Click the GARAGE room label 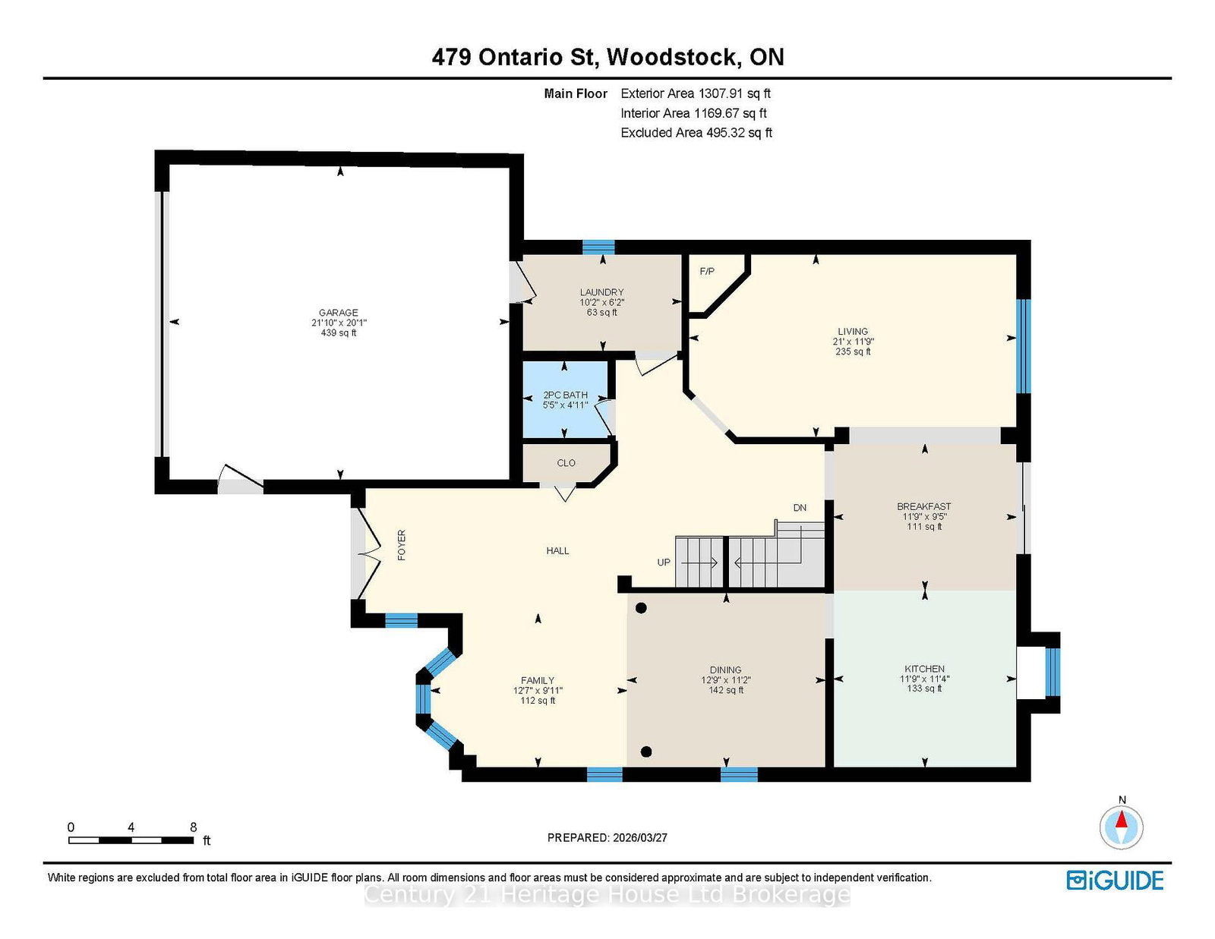tap(338, 313)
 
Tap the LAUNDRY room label tap(601, 291)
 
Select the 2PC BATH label tap(565, 395)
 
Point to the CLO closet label tap(566, 463)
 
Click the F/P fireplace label tap(707, 271)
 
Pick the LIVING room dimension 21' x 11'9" tap(854, 341)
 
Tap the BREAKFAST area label tap(924, 506)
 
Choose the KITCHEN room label tap(925, 669)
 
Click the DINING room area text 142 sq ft tap(726, 690)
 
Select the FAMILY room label tap(538, 680)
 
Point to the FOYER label tap(402, 545)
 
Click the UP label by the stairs tap(664, 562)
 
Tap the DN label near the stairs tap(800, 508)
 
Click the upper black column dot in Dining tap(641, 608)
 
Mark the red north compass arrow tap(1122, 819)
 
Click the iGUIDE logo tap(1115, 881)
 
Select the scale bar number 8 tap(194, 827)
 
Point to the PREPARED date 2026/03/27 tap(640, 837)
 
